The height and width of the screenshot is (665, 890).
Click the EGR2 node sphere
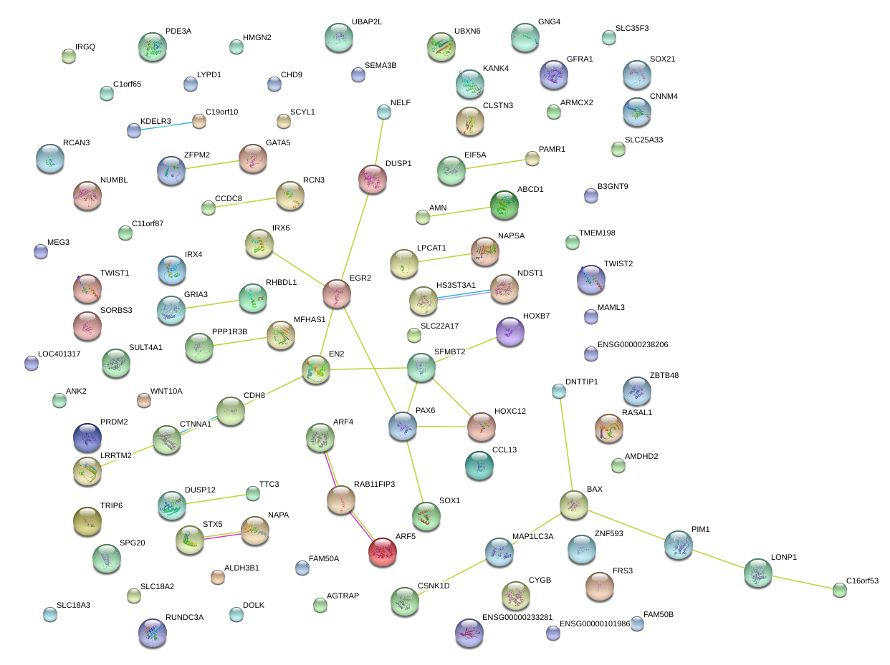pyautogui.click(x=337, y=293)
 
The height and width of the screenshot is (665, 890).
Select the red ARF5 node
pyautogui.click(x=383, y=551)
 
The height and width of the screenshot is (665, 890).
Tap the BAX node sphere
pyautogui.click(x=573, y=505)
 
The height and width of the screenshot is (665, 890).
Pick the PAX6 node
pyautogui.click(x=403, y=425)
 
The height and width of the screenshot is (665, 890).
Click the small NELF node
pyautogui.click(x=384, y=112)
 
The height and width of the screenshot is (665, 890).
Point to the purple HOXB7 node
pyautogui.click(x=510, y=331)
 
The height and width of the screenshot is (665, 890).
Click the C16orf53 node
pyautogui.click(x=840, y=590)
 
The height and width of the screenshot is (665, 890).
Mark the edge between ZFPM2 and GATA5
pyautogui.click(x=212, y=165)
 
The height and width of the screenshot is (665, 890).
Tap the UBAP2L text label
pyautogui.click(x=366, y=21)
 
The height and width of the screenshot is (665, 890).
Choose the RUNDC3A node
pyautogui.click(x=153, y=633)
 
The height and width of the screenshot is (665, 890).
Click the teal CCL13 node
pyautogui.click(x=479, y=465)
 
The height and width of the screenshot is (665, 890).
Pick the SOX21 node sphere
pyautogui.click(x=637, y=74)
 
